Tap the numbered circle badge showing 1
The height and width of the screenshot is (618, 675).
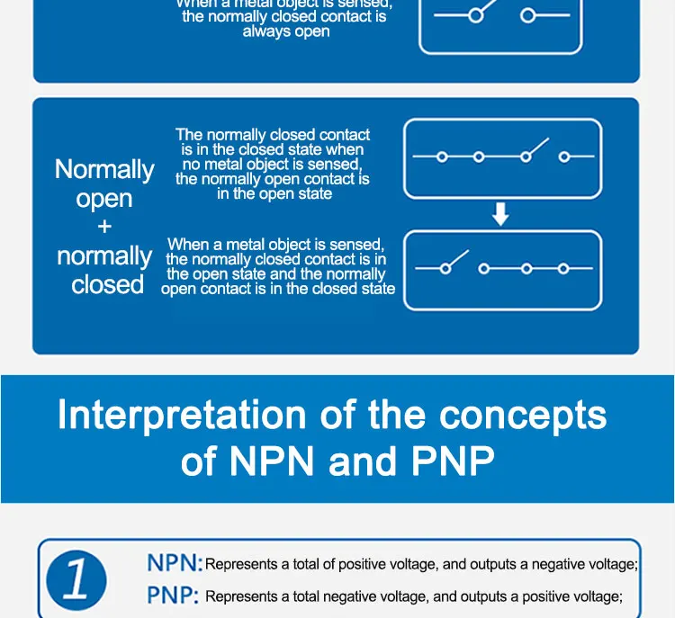(76, 579)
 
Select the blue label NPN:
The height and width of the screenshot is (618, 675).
(175, 564)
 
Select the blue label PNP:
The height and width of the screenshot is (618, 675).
(174, 596)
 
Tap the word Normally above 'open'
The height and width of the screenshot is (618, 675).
(104, 169)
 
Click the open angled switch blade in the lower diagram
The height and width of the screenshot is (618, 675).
(457, 260)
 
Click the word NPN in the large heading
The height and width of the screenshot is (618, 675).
(274, 461)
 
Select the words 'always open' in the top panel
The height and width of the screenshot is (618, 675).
(286, 31)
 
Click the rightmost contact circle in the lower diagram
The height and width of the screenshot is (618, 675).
(563, 268)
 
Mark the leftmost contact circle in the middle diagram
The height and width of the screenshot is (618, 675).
(442, 157)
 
